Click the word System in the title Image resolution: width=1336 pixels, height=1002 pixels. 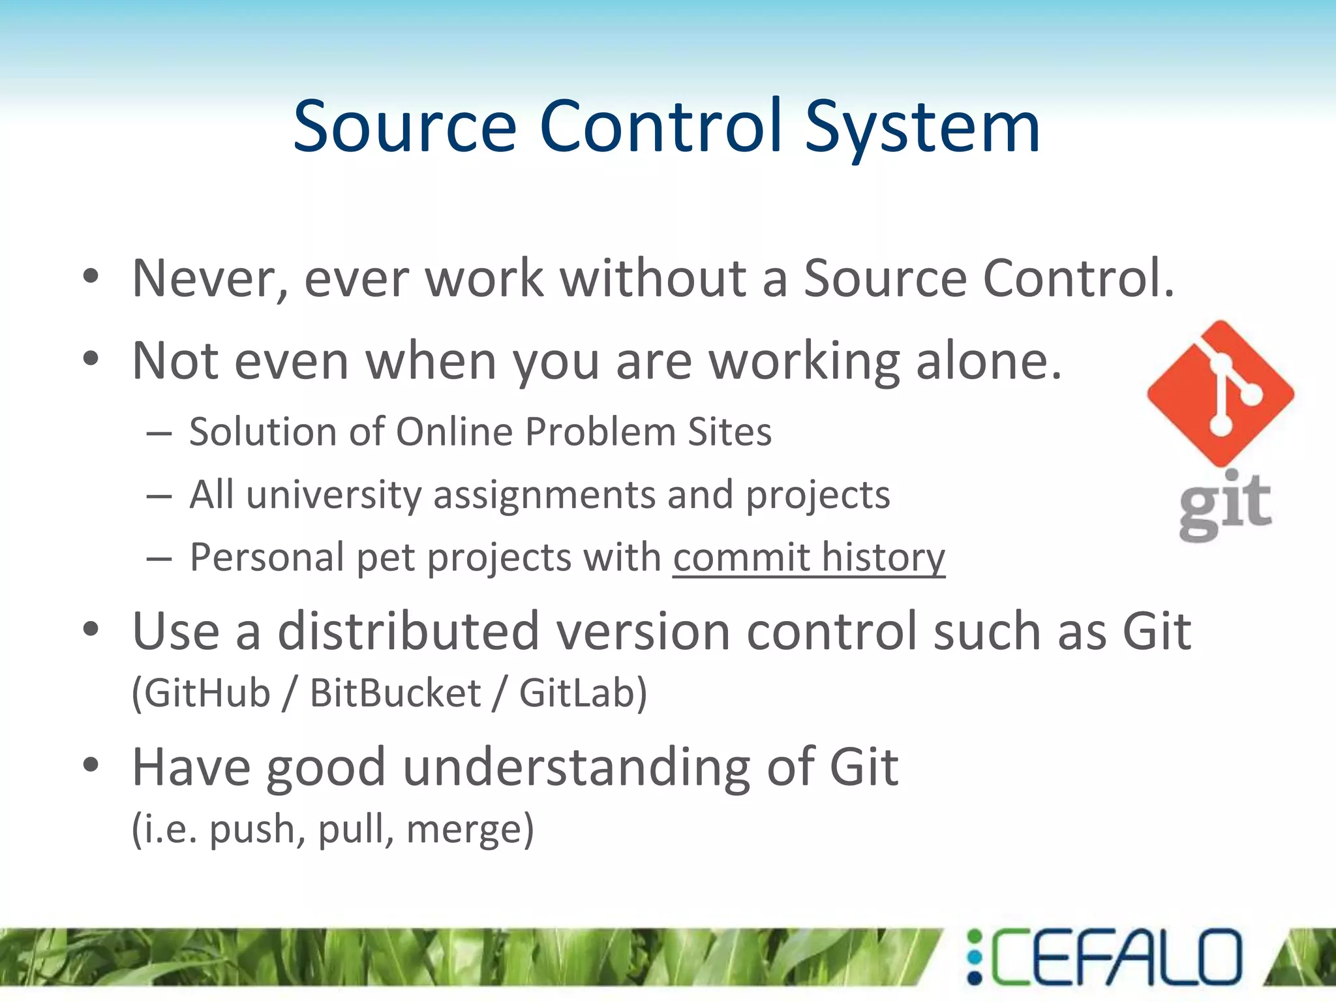click(x=922, y=127)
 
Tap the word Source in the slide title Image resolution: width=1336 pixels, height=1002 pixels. click(x=404, y=127)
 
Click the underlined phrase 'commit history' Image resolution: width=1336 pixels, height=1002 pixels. click(x=809, y=558)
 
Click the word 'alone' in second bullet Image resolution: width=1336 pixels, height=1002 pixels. click(x=988, y=361)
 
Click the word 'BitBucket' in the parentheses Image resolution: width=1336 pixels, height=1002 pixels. click(x=395, y=693)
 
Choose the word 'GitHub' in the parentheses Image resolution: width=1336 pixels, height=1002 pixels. click(x=206, y=693)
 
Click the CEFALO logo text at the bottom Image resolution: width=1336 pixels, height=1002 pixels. click(x=1116, y=957)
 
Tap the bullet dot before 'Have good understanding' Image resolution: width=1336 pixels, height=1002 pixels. click(x=91, y=765)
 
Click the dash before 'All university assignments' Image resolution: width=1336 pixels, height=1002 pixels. click(x=159, y=496)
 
